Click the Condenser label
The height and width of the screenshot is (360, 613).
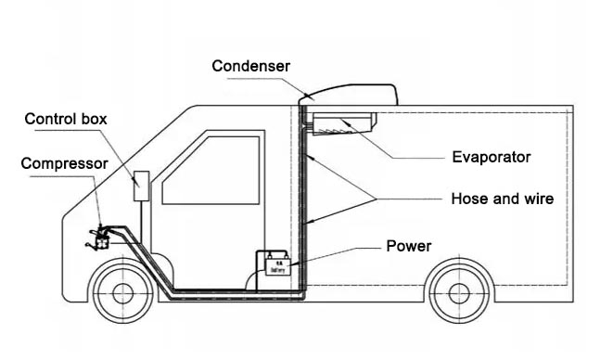pyautogui.click(x=250, y=66)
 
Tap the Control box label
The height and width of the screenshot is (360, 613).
pyautogui.click(x=66, y=119)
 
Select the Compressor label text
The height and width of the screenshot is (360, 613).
pyautogui.click(x=64, y=163)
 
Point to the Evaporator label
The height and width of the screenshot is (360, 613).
pyautogui.click(x=491, y=157)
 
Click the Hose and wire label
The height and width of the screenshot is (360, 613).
pyautogui.click(x=502, y=198)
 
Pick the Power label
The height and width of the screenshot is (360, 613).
pyautogui.click(x=409, y=246)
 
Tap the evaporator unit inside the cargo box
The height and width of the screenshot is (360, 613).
pyautogui.click(x=344, y=122)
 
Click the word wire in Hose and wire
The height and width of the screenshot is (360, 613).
pyautogui.click(x=536, y=198)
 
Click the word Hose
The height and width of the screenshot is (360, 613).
pyautogui.click(x=467, y=198)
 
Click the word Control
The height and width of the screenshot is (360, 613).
pyautogui.click(x=52, y=119)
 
